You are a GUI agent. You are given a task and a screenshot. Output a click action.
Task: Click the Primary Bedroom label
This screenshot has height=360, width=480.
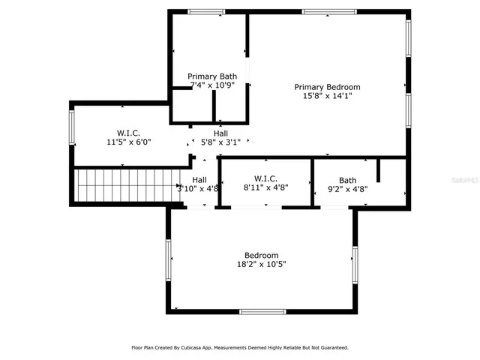click(327, 86)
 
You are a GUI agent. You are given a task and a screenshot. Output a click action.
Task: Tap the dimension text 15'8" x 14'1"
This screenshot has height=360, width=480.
click(327, 96)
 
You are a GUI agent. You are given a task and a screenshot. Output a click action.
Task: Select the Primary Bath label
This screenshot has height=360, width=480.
click(212, 76)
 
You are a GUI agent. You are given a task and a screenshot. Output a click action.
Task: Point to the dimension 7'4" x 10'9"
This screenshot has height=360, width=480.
click(212, 85)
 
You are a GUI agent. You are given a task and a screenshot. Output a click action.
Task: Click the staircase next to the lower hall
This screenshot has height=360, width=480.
click(126, 184)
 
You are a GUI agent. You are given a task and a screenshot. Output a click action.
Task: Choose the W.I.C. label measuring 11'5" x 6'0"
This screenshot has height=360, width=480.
click(129, 132)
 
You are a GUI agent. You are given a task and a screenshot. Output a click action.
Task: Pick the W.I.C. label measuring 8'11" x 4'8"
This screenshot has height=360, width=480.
click(266, 178)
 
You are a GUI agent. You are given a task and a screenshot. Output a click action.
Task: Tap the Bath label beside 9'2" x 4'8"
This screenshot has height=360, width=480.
click(347, 180)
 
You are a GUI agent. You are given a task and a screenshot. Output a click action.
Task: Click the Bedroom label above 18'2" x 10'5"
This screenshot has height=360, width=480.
click(262, 255)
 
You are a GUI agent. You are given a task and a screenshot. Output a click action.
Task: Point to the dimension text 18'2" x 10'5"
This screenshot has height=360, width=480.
click(262, 264)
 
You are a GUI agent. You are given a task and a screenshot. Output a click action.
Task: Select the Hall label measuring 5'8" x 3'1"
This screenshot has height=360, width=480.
click(220, 133)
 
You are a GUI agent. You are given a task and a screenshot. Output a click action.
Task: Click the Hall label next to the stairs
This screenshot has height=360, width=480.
click(199, 180)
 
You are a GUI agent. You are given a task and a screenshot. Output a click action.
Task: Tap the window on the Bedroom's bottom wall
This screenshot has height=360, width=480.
click(262, 311)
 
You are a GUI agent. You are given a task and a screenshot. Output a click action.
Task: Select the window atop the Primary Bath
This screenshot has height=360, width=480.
click(206, 11)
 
